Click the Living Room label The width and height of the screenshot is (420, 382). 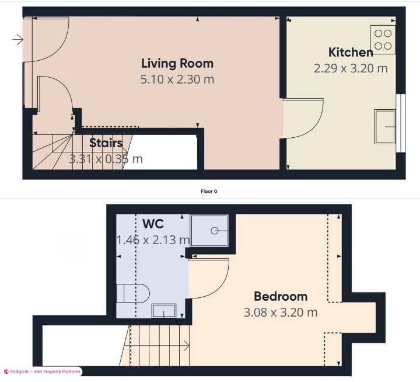point(177,63)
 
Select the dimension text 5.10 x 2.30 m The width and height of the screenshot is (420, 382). point(177,79)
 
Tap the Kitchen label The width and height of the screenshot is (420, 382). point(351,52)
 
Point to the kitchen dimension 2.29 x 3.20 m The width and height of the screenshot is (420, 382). point(351,68)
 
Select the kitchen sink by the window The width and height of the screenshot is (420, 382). point(384,126)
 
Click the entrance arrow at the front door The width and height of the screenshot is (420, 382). point(17,40)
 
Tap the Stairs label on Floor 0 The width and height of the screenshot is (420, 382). point(106,143)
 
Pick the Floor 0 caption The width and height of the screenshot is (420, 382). point(209,191)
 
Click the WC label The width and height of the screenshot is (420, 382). point(153,224)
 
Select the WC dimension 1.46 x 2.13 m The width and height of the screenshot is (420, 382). point(153,239)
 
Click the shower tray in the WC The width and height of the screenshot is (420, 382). point(209,230)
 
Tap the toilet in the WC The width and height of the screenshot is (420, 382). point(133,293)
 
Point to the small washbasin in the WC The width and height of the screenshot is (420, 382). point(164,310)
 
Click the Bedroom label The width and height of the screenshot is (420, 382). point(281,296)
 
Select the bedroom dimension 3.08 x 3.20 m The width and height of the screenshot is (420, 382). point(281,312)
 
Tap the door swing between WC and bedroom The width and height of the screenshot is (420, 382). point(208,277)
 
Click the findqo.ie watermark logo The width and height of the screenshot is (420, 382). point(7,371)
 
